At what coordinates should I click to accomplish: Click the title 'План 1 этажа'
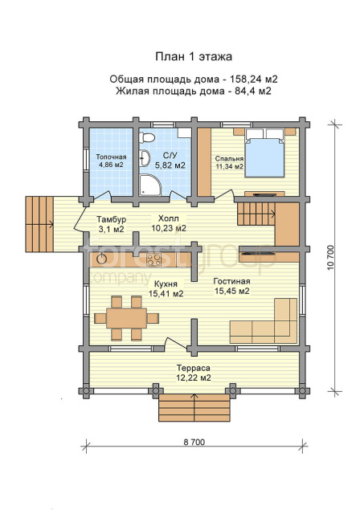[x=194, y=56]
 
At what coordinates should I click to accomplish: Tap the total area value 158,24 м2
[x=254, y=79]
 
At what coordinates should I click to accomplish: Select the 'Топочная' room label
[x=111, y=157]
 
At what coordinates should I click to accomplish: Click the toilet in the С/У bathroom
[x=146, y=137]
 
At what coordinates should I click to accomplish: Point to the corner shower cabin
[x=150, y=185]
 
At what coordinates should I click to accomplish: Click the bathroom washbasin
[x=145, y=158]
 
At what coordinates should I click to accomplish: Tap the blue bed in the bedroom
[x=264, y=153]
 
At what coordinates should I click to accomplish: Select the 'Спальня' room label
[x=229, y=159]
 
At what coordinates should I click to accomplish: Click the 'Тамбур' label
[x=112, y=219]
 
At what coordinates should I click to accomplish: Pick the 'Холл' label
[x=168, y=218]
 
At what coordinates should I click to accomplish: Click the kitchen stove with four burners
[x=153, y=259]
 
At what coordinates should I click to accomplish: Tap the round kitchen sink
[x=102, y=259]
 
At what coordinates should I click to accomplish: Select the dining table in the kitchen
[x=126, y=318]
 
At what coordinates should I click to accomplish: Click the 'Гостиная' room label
[x=231, y=281]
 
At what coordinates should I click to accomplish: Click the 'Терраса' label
[x=194, y=368]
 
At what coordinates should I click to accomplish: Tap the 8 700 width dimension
[x=194, y=442]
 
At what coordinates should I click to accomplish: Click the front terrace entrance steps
[x=194, y=407]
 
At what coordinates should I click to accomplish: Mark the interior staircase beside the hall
[x=256, y=214]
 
